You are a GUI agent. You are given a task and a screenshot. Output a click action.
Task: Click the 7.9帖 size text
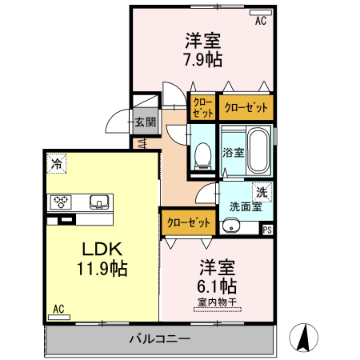tap(203, 59)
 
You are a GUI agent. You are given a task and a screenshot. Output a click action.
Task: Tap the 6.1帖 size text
tap(217, 286)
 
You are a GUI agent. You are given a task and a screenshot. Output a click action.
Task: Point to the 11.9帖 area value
tap(101, 267)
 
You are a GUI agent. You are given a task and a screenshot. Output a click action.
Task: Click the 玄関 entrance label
tap(145, 122)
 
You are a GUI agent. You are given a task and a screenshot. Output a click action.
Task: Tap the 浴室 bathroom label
tap(233, 153)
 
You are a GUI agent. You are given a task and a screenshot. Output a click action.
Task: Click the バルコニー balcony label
tap(160, 339)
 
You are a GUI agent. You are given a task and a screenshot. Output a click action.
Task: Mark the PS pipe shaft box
tap(267, 230)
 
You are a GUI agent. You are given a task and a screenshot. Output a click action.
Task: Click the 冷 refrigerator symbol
tap(57, 164)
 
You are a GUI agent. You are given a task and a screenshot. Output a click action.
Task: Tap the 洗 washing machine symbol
tap(261, 192)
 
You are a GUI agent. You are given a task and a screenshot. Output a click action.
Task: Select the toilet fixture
tap(202, 154)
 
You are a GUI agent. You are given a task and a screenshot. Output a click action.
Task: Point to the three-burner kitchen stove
tap(62, 202)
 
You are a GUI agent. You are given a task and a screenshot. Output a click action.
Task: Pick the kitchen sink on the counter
tap(99, 202)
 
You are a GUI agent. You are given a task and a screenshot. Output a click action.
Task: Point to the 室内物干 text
tap(217, 302)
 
